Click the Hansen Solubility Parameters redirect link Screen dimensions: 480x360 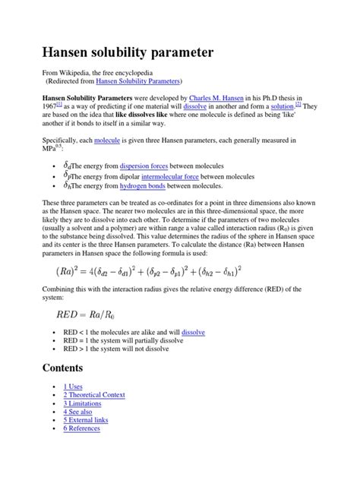pyautogui.click(x=138, y=80)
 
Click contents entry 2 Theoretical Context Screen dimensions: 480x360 pyautogui.click(x=94, y=395)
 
